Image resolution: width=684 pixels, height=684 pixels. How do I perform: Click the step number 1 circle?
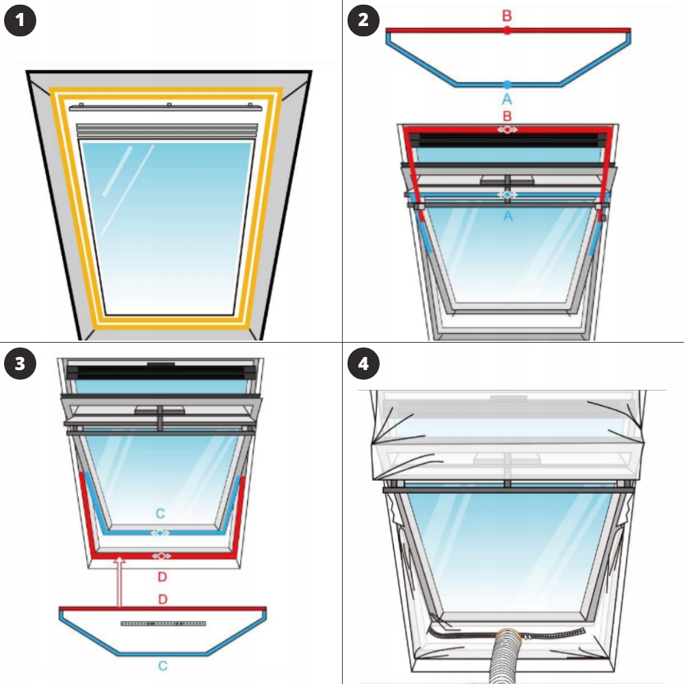tap(20, 20)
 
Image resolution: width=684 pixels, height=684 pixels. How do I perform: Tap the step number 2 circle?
tap(363, 20)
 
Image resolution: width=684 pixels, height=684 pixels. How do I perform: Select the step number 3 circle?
tap(20, 363)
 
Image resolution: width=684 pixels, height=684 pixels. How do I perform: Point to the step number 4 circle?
tap(363, 363)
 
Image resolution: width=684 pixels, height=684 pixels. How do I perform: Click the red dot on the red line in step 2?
tap(507, 31)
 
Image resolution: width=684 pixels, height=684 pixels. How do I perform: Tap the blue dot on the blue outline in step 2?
tap(507, 85)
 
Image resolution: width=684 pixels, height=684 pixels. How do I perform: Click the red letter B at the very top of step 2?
tap(507, 16)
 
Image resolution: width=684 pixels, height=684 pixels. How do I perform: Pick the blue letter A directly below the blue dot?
tap(507, 99)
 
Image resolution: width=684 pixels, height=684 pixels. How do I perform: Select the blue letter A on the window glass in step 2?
tap(508, 216)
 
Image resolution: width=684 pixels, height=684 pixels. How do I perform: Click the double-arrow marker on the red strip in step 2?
tap(508, 129)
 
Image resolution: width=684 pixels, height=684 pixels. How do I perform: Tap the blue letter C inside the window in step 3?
tap(160, 514)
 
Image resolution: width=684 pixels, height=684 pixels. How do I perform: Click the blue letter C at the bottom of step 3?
tap(163, 666)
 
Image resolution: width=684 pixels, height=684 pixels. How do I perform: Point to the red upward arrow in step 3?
tap(119, 582)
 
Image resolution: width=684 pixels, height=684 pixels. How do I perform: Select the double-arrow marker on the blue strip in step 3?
tap(160, 533)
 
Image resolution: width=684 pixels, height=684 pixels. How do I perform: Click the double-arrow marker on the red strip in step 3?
tap(161, 556)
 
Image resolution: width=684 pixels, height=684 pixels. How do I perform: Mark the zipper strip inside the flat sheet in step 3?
tap(163, 623)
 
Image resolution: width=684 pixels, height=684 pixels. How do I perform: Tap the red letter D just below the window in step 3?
tap(162, 577)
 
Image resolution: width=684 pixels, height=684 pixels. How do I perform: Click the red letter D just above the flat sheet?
tap(163, 599)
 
